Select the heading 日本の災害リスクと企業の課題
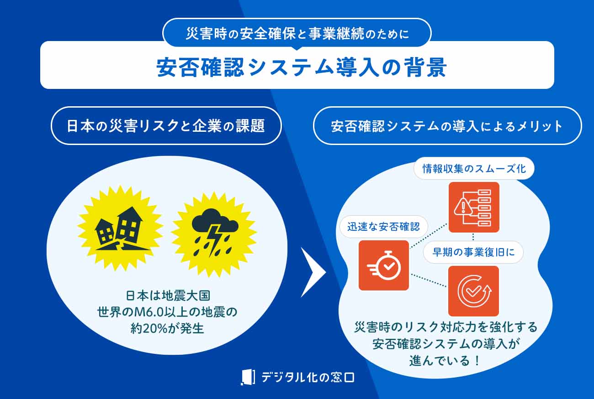[166, 126]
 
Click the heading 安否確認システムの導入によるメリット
[447, 126]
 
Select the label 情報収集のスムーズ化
[474, 169]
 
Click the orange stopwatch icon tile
[383, 265]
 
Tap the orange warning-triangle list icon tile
[474, 207]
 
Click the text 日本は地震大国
[167, 295]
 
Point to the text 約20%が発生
[167, 328]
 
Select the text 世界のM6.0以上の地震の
[167, 312]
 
